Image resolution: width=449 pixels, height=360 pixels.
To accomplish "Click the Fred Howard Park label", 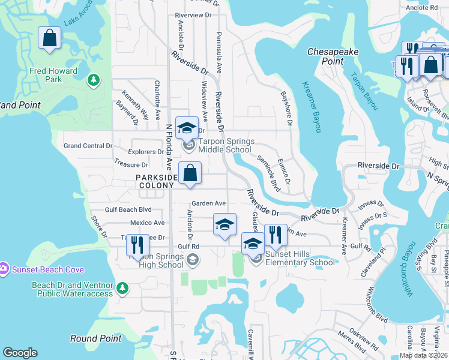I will pyautogui.click(x=53, y=75).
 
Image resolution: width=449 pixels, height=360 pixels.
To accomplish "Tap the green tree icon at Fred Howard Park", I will pyautogui.click(x=93, y=80).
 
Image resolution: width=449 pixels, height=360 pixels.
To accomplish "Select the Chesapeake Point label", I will pyautogui.click(x=333, y=56).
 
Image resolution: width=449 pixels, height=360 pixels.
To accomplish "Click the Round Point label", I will pyautogui.click(x=95, y=338).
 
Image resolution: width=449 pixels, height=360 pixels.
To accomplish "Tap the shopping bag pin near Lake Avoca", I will pyautogui.click(x=49, y=38).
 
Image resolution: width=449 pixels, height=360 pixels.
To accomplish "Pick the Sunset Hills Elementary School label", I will pyautogui.click(x=300, y=258).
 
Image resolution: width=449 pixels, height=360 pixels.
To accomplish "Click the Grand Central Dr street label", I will pyautogui.click(x=88, y=146).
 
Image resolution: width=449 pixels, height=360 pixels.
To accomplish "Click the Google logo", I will pyautogui.click(x=20, y=353).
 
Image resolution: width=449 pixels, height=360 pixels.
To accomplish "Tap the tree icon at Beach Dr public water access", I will pyautogui.click(x=123, y=289).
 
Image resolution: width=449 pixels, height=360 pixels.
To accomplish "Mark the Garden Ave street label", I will pyautogui.click(x=208, y=203).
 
